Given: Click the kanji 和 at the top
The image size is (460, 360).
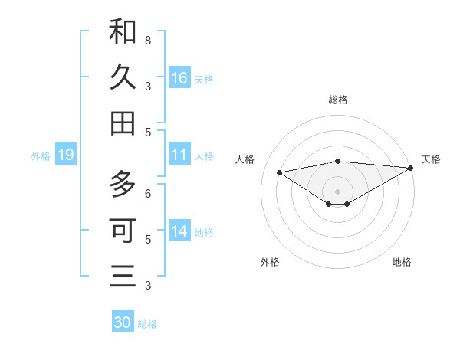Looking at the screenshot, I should [123, 32].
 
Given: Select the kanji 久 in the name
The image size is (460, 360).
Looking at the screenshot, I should [123, 77].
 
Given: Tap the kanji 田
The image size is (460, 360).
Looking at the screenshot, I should [123, 123].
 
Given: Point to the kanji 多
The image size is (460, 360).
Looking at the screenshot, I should [123, 185].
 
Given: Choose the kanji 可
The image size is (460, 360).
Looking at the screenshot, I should [123, 229].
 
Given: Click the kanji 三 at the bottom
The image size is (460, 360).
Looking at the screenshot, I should [123, 275].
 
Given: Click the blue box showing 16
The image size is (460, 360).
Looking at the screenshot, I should [179, 77].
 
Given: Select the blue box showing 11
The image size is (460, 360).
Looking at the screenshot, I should [179, 155].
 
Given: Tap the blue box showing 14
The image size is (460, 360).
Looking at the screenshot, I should [179, 231].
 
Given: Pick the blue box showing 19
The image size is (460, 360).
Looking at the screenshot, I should [65, 155].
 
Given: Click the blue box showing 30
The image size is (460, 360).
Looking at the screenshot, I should [123, 322].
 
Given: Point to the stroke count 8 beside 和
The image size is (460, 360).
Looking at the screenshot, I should [148, 40].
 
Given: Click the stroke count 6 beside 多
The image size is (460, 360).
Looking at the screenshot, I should [148, 194].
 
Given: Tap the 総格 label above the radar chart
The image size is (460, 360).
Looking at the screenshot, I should [338, 100].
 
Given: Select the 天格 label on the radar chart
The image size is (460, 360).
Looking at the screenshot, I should [431, 159].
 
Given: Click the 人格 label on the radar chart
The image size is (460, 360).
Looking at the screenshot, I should [245, 159].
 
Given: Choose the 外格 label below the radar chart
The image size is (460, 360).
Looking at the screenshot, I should [270, 262].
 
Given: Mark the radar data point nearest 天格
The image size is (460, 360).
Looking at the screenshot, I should [412, 168].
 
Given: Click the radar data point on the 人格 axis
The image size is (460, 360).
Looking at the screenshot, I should [279, 172].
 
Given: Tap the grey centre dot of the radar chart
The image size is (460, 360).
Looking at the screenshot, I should [338, 191].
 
